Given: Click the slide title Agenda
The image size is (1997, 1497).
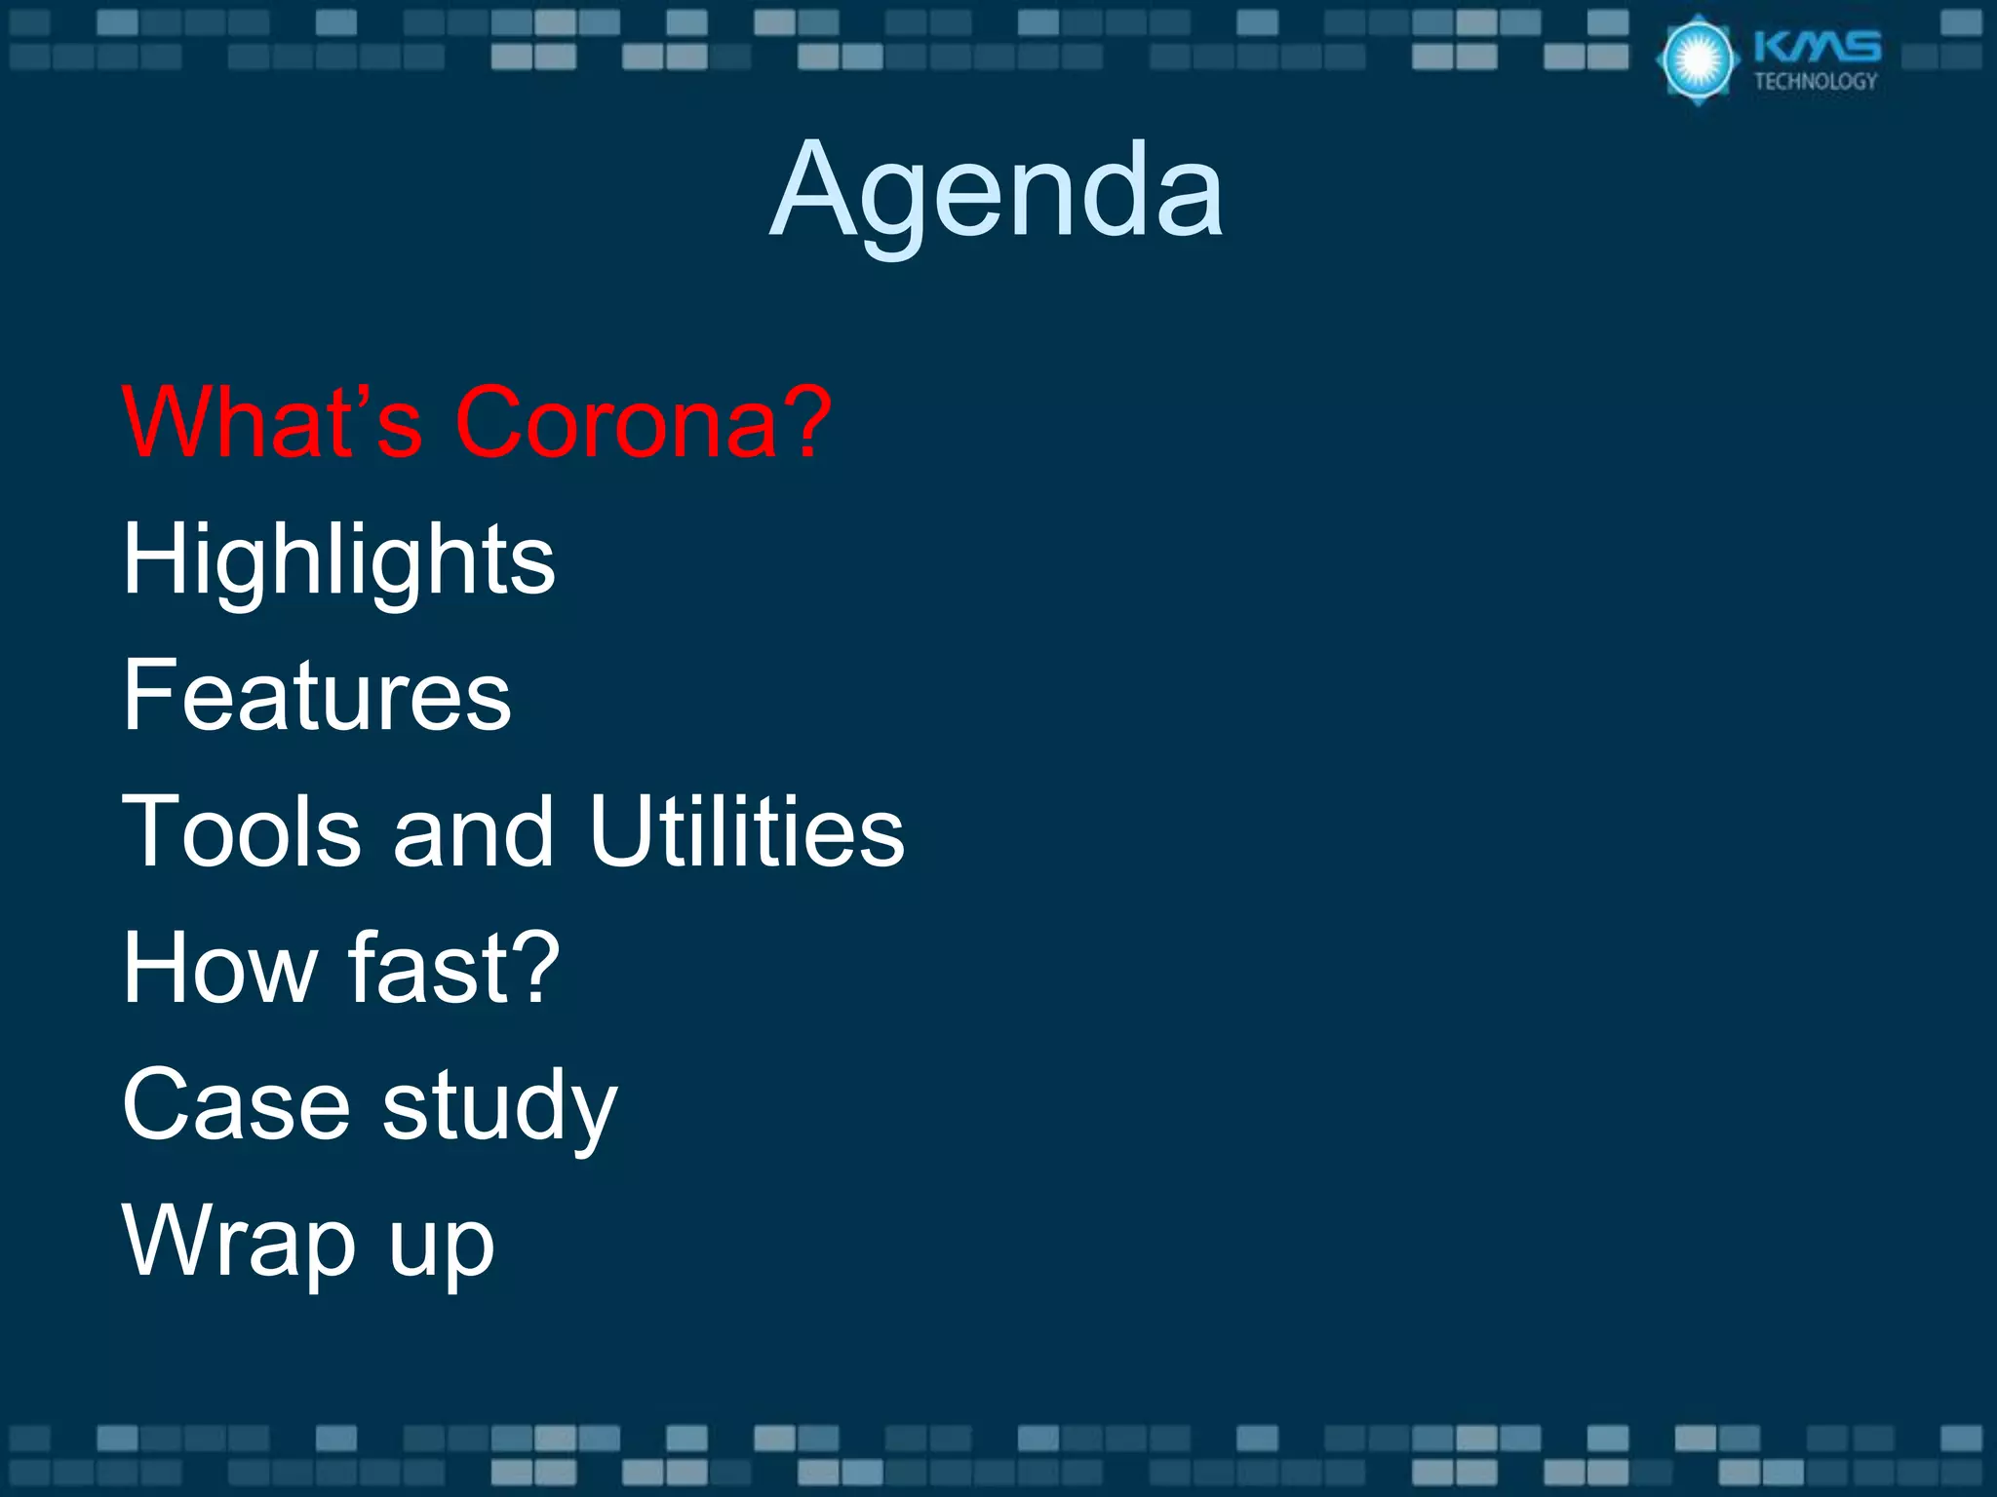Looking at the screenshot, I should click(x=997, y=190).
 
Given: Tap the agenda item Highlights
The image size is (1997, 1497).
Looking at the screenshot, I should click(x=338, y=559).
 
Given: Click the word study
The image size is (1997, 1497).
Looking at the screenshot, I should click(x=500, y=1106).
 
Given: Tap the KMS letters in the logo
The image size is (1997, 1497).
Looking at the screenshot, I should click(x=1818, y=47).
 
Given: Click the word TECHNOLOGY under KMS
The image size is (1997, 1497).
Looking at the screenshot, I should click(x=1816, y=82).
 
